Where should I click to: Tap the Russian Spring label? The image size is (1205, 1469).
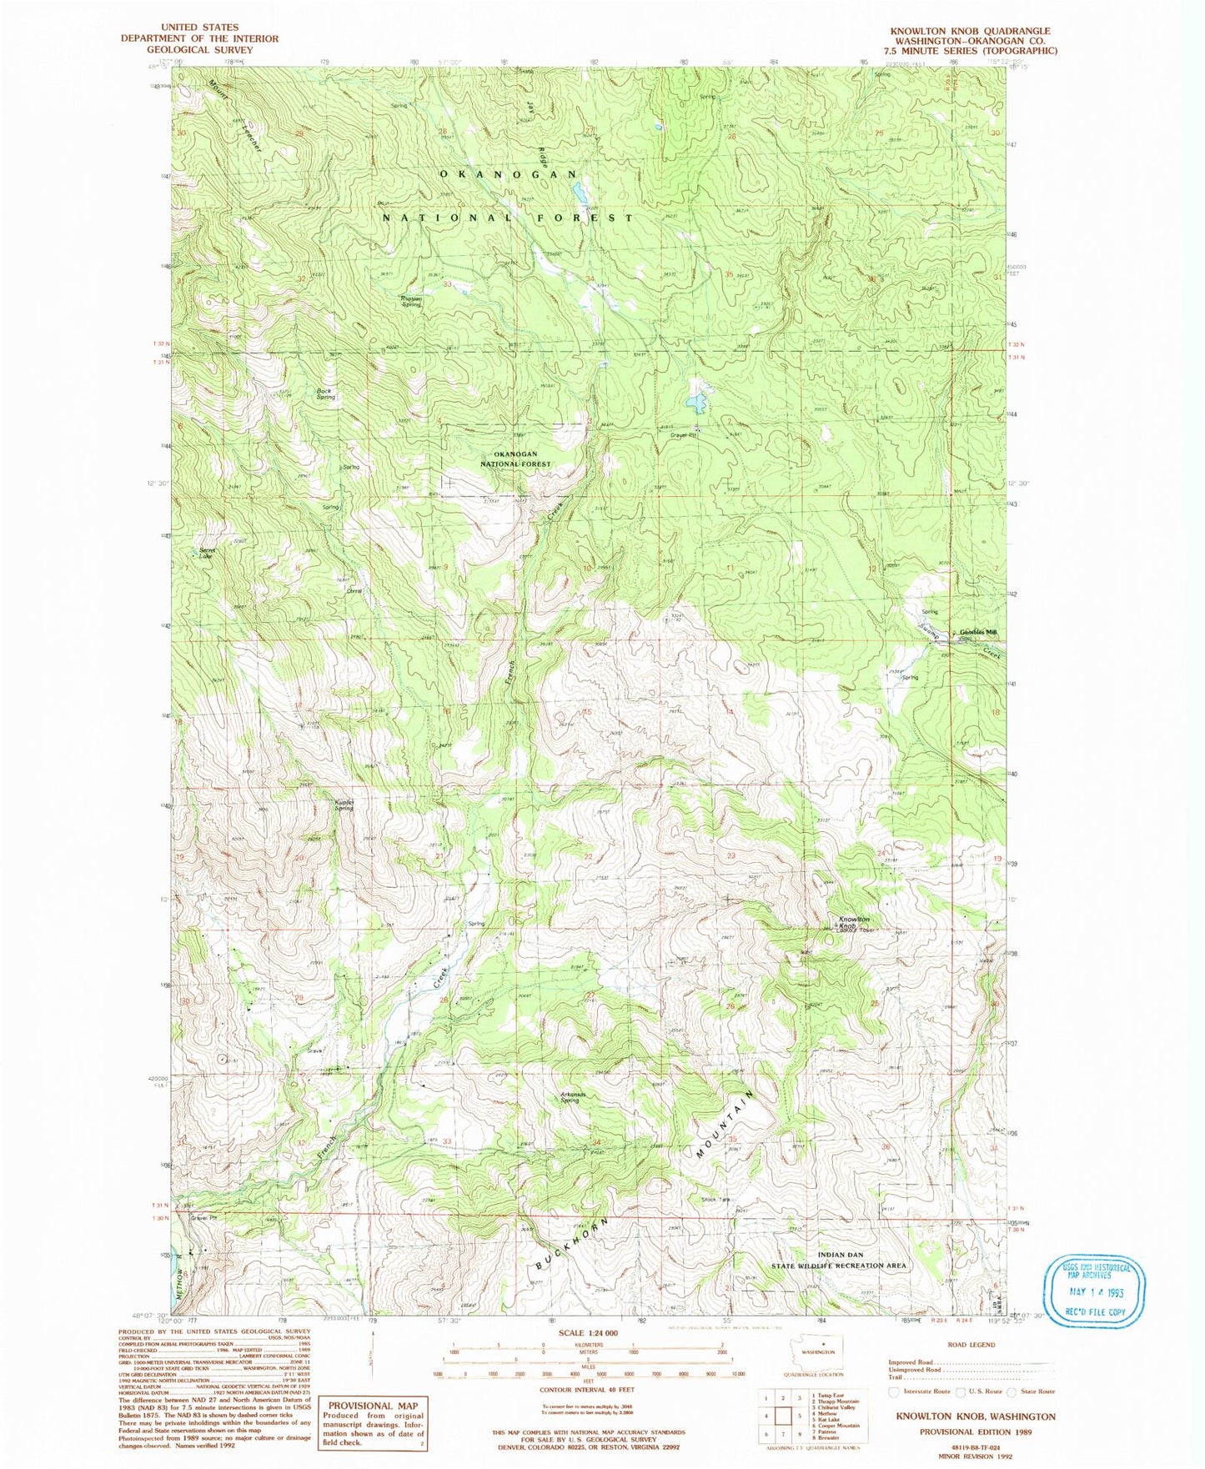point(410,302)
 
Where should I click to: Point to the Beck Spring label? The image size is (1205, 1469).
point(325,394)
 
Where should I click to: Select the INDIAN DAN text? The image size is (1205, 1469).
point(840,1255)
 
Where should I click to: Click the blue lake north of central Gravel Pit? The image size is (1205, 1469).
point(695,404)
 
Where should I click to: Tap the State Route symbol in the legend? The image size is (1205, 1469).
point(1013,1391)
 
